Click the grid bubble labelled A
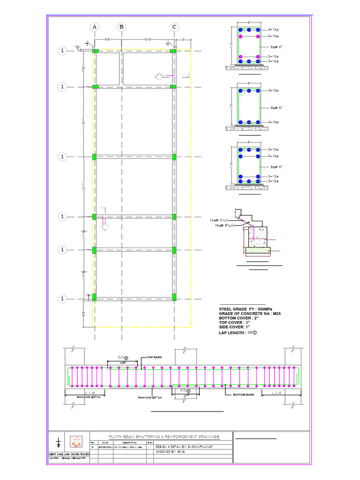(x=95, y=27)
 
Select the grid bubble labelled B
(x=121, y=27)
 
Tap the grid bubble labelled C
(x=174, y=27)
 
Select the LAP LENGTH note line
(x=238, y=332)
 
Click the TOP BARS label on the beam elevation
(x=154, y=357)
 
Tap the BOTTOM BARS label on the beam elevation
(x=243, y=395)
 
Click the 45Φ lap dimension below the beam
(x=186, y=390)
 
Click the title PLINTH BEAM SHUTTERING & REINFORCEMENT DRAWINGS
(x=164, y=436)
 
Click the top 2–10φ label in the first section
(x=273, y=36)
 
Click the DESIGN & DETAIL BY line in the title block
(x=184, y=447)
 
